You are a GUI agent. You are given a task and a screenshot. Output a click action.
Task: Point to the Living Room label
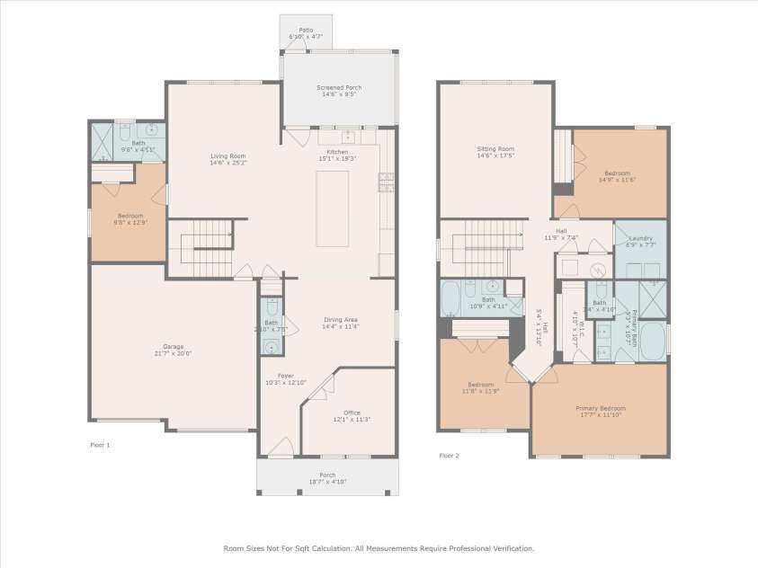click(203, 159)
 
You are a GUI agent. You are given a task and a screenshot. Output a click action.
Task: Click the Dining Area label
click(341, 323)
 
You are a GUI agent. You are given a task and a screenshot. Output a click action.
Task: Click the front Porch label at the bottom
click(327, 478)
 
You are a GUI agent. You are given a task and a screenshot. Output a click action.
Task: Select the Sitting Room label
click(495, 152)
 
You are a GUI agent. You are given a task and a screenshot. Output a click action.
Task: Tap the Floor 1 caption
click(100, 445)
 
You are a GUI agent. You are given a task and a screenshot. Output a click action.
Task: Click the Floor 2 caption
click(449, 456)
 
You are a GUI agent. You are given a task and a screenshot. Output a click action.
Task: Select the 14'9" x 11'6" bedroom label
click(617, 176)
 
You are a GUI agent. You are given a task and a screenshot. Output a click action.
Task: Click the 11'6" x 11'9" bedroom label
click(480, 387)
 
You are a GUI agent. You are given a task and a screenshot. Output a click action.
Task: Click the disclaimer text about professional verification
click(379, 547)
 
